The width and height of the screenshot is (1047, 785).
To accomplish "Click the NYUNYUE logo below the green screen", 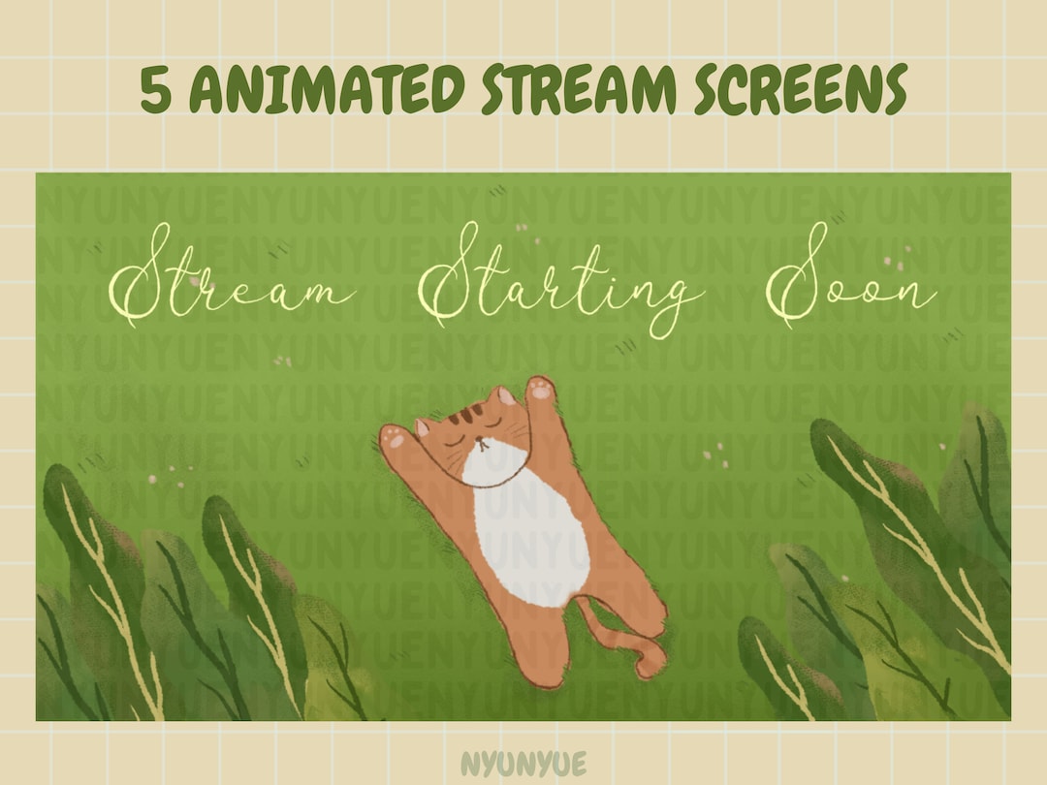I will coord(523,763).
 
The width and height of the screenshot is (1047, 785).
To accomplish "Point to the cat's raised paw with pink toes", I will coord(541,390).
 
